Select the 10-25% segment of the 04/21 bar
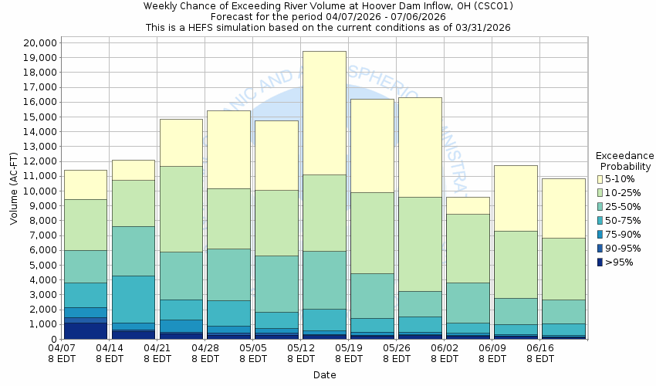click(181, 208)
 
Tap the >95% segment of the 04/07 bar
click(85, 330)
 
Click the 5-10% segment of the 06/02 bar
click(467, 205)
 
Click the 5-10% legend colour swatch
click(600, 179)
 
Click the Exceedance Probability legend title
click(624, 161)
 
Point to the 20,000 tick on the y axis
click(36, 42)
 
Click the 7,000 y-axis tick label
click(39, 235)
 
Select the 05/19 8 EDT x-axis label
click(348, 353)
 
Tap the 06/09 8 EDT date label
click(492, 353)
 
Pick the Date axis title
click(324, 374)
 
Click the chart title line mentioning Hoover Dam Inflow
click(328, 6)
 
